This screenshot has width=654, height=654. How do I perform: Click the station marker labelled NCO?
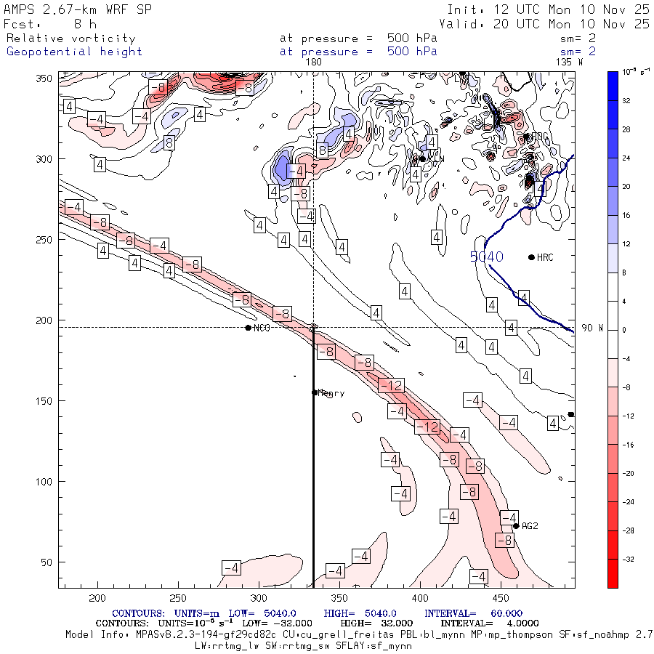point(249,328)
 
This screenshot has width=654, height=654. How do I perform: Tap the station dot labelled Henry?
point(315,392)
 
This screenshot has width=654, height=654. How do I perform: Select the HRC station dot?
point(531,257)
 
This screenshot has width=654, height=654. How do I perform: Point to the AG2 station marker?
point(516,526)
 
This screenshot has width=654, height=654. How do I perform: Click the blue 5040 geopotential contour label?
point(486,257)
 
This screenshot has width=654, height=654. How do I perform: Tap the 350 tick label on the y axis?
point(48,78)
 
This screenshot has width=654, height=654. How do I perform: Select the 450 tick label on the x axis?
point(499,598)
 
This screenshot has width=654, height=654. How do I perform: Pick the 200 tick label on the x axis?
point(97,598)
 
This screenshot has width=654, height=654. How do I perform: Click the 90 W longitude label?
point(592,328)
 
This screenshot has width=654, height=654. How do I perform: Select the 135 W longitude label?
point(569,62)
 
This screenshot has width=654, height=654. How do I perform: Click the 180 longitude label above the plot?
point(314,62)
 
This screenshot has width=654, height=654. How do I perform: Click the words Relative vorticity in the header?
point(70,39)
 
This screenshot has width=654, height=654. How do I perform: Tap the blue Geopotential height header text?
point(74,52)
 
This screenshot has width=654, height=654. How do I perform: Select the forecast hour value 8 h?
point(85,24)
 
